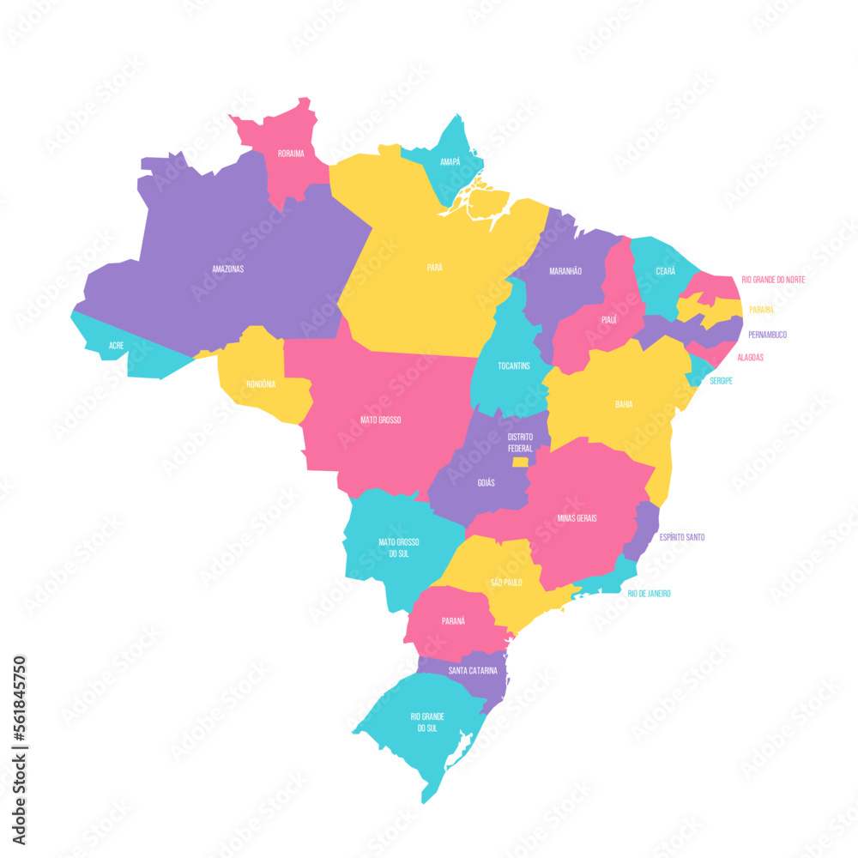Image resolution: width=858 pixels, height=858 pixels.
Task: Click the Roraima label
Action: (291, 154)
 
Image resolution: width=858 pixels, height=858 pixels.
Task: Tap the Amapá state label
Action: (450, 161)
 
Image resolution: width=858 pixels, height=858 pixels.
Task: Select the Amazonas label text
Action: (228, 269)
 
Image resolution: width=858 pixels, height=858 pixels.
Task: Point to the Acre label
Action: (116, 345)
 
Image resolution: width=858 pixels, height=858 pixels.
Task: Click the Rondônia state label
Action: (261, 384)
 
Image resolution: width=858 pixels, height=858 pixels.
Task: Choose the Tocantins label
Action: (514, 366)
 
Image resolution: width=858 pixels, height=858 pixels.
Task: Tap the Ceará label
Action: (665, 271)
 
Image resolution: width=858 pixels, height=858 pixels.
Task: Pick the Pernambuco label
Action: (767, 335)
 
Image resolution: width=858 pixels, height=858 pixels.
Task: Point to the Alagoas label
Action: (750, 357)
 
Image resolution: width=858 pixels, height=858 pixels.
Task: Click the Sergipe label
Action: (721, 380)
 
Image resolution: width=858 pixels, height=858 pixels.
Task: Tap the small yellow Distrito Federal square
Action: (520, 462)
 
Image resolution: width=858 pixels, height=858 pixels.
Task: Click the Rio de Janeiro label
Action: (650, 594)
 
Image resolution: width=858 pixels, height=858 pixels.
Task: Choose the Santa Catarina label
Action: (471, 670)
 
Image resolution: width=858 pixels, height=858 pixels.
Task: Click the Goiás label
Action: (486, 483)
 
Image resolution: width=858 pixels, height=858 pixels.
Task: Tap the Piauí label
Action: (609, 319)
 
